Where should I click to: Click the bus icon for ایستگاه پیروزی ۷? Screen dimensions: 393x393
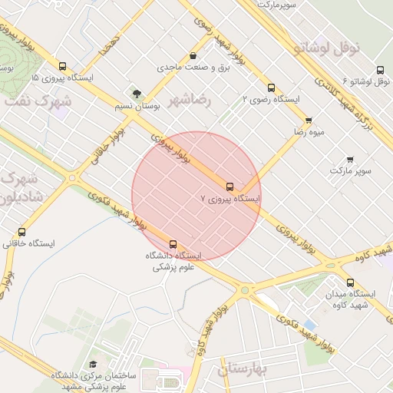click(x=230, y=187)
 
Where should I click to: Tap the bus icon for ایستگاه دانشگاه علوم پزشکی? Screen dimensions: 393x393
click(x=172, y=244)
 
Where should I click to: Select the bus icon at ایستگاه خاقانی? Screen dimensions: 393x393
click(x=21, y=232)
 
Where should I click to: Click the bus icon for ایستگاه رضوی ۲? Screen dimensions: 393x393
click(x=270, y=88)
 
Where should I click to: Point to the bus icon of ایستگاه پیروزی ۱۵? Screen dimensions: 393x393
click(x=62, y=66)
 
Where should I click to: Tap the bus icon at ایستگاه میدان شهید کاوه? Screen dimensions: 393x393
click(x=350, y=282)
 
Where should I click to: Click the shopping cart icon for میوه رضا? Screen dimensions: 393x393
click(x=309, y=120)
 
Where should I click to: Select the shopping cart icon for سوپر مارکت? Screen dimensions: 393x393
click(x=350, y=159)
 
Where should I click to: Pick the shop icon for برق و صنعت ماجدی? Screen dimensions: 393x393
click(x=193, y=56)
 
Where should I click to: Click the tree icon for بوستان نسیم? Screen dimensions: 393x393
click(x=137, y=94)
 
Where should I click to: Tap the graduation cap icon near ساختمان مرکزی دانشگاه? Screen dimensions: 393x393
click(x=93, y=364)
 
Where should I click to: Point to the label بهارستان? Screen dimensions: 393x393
click(x=240, y=369)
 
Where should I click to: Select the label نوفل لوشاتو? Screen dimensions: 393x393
click(x=326, y=48)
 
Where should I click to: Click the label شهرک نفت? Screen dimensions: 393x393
click(x=38, y=101)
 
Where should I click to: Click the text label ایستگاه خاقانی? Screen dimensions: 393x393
click(x=28, y=244)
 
